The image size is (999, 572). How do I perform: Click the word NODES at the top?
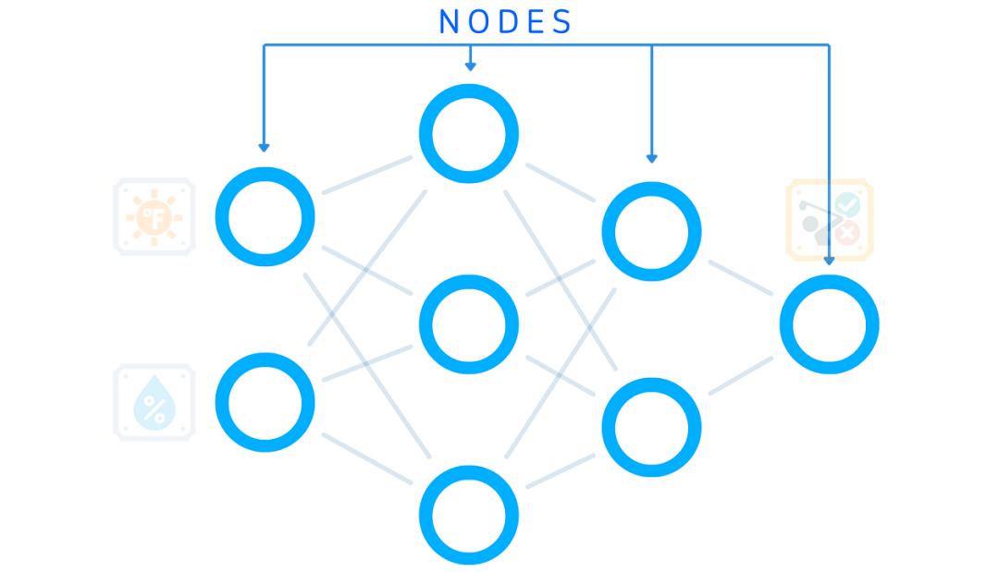point(505,22)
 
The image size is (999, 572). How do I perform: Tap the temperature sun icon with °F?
point(154,217)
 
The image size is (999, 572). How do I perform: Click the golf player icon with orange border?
point(830,219)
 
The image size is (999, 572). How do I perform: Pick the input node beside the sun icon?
point(265,217)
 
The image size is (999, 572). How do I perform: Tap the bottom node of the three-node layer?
point(469,513)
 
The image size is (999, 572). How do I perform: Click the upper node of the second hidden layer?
point(651,229)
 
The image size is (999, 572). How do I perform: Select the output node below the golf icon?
point(829,323)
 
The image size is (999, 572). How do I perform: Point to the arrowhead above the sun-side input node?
point(264,147)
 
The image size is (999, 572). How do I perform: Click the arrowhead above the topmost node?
point(469,67)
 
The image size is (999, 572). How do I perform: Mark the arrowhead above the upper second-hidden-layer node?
point(651,158)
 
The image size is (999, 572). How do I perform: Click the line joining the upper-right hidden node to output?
point(740,277)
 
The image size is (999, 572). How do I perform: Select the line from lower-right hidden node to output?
point(740,376)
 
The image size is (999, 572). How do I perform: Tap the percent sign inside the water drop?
point(154,408)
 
